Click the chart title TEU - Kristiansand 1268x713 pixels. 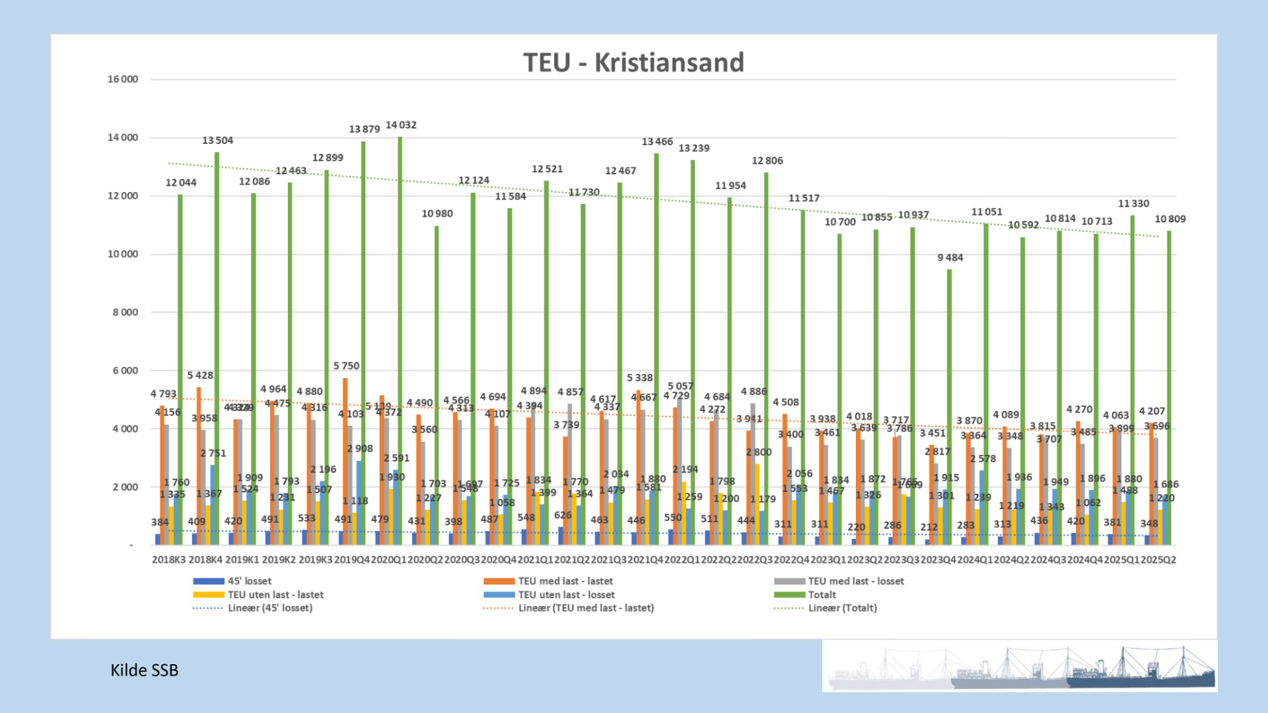633,63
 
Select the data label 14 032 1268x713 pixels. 401,125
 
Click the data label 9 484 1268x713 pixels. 950,257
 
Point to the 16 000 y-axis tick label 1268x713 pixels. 123,79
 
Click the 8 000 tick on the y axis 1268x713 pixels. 125,312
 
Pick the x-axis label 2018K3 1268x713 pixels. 168,560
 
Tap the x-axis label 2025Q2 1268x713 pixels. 1158,560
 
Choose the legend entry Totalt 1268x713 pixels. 822,595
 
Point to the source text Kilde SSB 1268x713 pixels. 144,670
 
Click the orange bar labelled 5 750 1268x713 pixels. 345,462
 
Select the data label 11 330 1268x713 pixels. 1133,203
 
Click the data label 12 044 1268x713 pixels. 180,183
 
